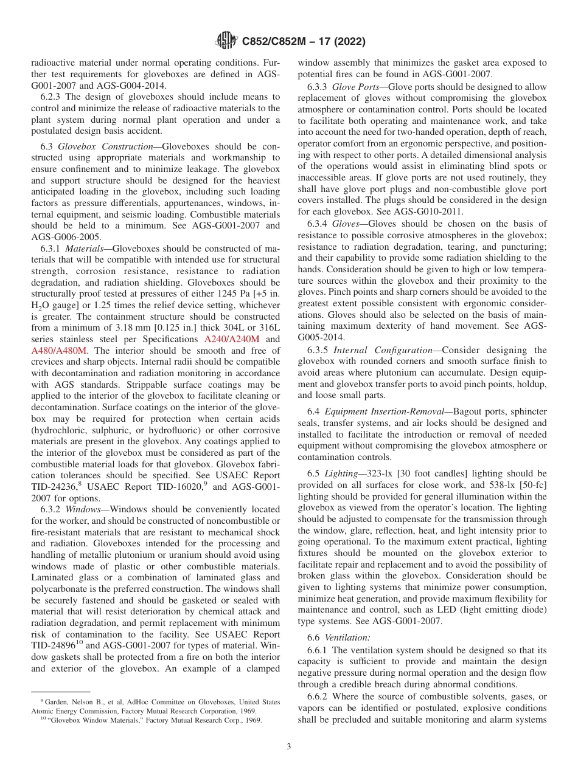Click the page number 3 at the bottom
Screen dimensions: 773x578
(289, 746)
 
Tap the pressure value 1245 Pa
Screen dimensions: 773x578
(234, 294)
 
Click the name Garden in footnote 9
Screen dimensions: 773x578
(52, 702)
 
